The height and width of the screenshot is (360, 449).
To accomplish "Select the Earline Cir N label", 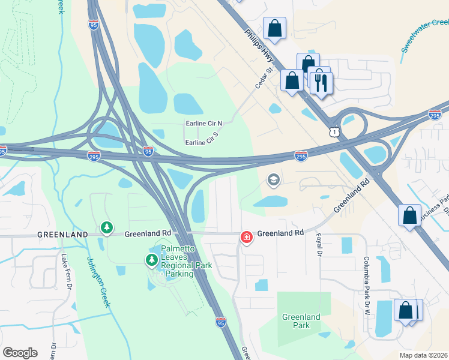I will (203, 123).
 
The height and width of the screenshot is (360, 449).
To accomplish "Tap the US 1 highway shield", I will (333, 130).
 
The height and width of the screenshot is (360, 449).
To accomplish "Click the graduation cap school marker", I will (274, 180).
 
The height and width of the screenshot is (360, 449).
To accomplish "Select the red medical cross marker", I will (246, 238).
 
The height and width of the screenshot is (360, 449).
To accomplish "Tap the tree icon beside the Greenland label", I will (107, 227).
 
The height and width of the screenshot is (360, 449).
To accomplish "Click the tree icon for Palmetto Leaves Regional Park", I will (151, 260).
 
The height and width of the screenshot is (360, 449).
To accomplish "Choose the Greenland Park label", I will (302, 320).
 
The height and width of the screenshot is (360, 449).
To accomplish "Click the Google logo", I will (20, 352).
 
